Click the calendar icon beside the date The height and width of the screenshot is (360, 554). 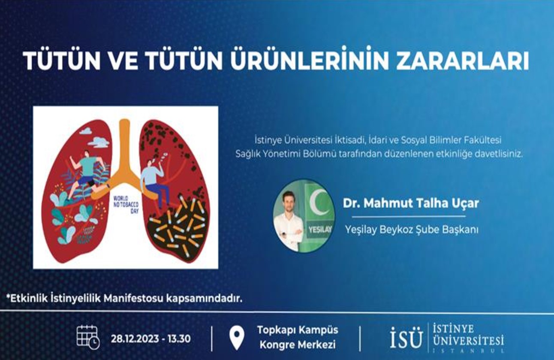88,337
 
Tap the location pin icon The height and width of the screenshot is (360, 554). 237,338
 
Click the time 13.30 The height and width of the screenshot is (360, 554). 179,339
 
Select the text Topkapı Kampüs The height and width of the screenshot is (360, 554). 298,330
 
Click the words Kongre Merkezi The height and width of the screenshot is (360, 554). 298,345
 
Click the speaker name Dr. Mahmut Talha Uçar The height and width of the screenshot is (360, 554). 410,203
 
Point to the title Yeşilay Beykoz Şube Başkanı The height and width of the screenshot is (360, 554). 412,230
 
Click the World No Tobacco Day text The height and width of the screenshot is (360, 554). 126,205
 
